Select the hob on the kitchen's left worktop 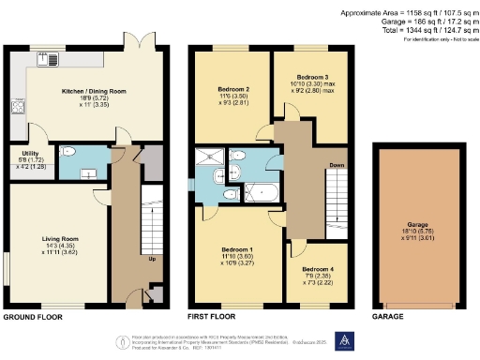tap(17, 107)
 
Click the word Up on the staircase tap(150, 259)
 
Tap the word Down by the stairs tap(335, 166)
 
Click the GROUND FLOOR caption tap(32, 318)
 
